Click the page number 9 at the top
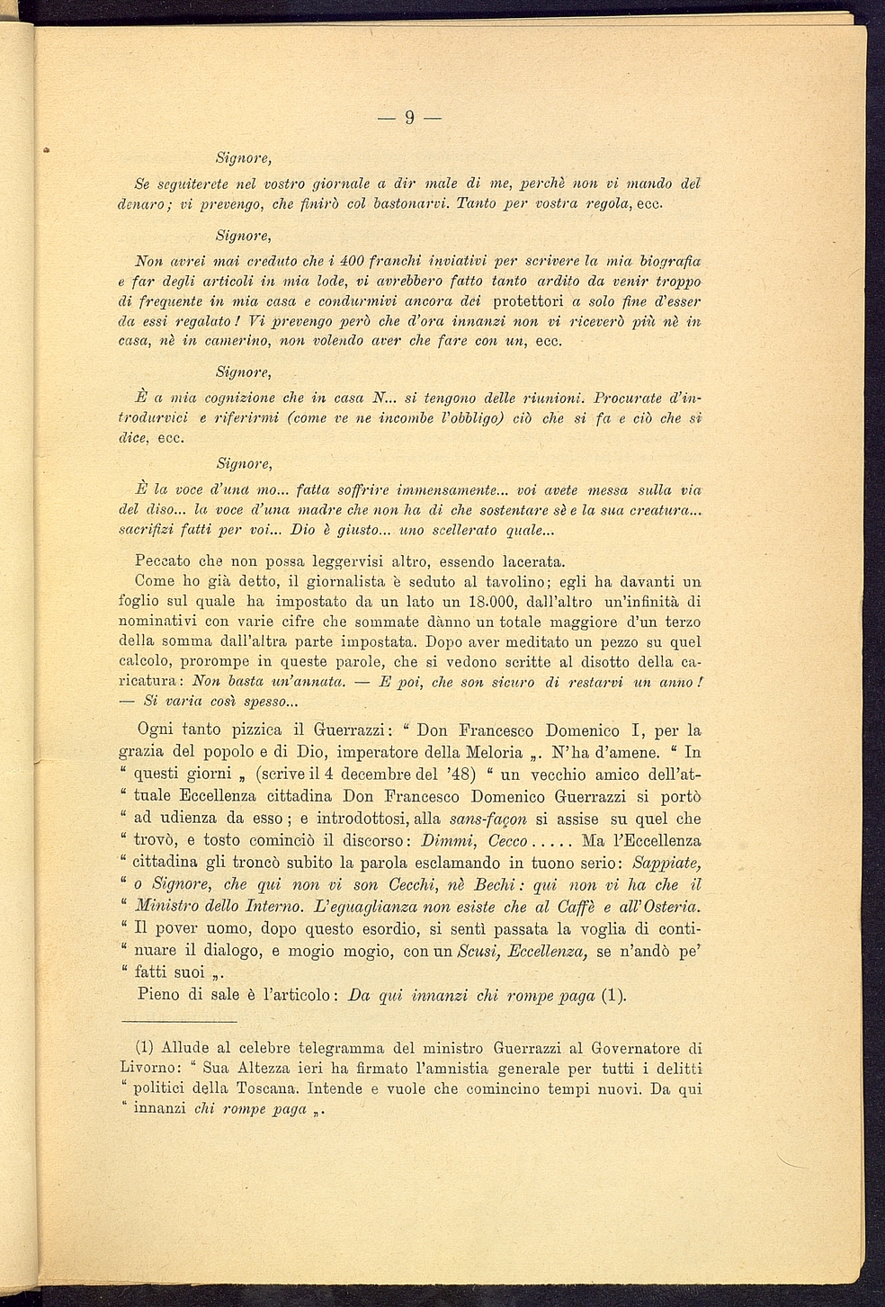click(408, 118)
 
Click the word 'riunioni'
click(550, 398)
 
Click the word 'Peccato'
click(164, 561)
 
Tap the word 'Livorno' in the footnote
click(150, 1068)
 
